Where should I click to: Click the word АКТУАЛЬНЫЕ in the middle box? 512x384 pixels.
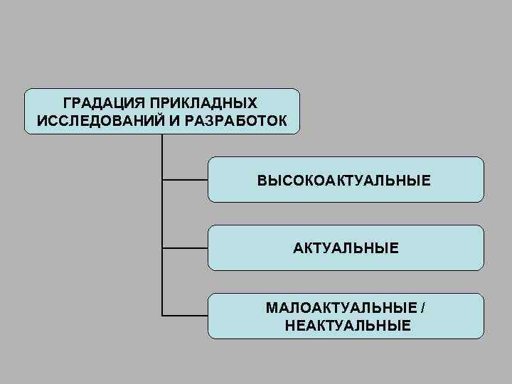[346, 248]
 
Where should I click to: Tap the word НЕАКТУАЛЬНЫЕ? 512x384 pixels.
[346, 326]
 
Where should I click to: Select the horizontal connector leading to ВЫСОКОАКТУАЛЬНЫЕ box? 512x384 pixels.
[185, 180]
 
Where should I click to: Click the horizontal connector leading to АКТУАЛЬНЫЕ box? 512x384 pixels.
[185, 248]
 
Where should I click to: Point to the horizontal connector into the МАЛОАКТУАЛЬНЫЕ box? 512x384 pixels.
[185, 315]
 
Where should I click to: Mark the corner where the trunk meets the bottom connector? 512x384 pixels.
[162, 315]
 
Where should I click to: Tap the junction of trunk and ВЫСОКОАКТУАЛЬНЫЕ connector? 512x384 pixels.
[162, 180]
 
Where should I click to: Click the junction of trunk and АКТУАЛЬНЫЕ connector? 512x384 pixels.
[162, 248]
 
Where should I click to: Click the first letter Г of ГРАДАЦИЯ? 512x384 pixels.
[67, 103]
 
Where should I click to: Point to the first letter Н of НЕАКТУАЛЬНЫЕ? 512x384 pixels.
[287, 326]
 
